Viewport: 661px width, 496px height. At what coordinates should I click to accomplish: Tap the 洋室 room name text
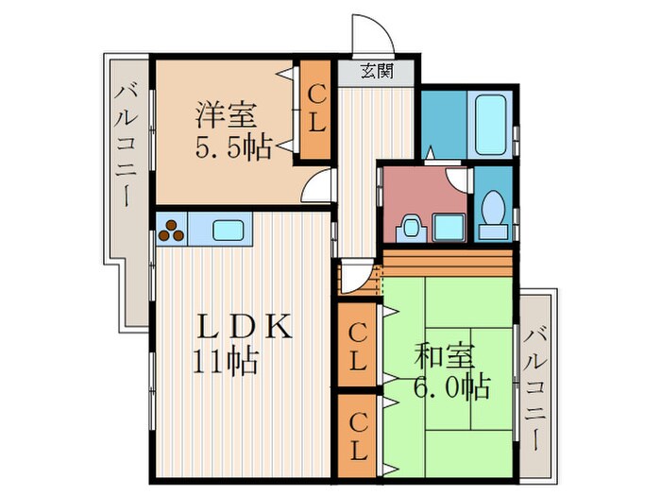[226, 115]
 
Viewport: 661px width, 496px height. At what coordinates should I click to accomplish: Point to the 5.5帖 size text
[232, 146]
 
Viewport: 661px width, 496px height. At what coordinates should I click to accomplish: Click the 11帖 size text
[227, 361]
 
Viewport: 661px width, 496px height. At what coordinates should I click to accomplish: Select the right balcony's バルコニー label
[536, 386]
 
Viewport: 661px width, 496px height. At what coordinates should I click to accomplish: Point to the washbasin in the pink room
[410, 227]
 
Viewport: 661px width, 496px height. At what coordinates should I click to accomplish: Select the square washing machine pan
[448, 227]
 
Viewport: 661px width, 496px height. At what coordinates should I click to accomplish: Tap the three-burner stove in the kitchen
[172, 230]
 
